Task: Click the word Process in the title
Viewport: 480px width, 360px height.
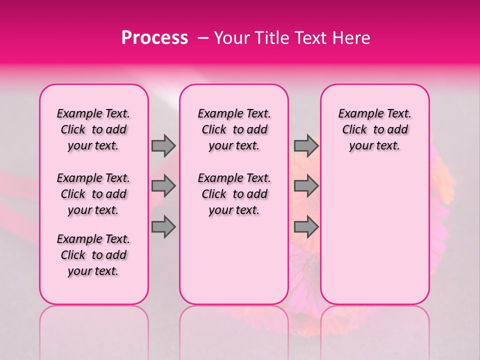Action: pos(154,38)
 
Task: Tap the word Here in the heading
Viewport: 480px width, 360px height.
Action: pos(352,38)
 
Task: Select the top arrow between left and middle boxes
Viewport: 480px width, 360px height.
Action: pos(163,145)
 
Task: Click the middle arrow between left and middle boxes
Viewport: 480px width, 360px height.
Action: pos(163,186)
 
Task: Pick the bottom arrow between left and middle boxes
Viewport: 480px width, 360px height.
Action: pos(163,227)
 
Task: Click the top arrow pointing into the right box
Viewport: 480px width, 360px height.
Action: pos(306,145)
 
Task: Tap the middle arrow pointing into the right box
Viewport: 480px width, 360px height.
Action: pos(306,186)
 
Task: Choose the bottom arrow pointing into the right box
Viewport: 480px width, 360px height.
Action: pos(306,227)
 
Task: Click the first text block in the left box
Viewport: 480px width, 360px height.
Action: pos(93,129)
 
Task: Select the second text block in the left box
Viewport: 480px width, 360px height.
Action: pos(93,194)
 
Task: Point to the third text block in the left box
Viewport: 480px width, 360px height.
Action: pos(93,255)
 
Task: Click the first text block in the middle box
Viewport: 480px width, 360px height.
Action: pos(234,129)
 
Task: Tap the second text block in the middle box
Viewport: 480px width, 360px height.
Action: pos(234,194)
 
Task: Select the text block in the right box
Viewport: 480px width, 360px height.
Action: pos(374,129)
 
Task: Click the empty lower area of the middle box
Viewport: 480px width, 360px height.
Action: pos(234,260)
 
